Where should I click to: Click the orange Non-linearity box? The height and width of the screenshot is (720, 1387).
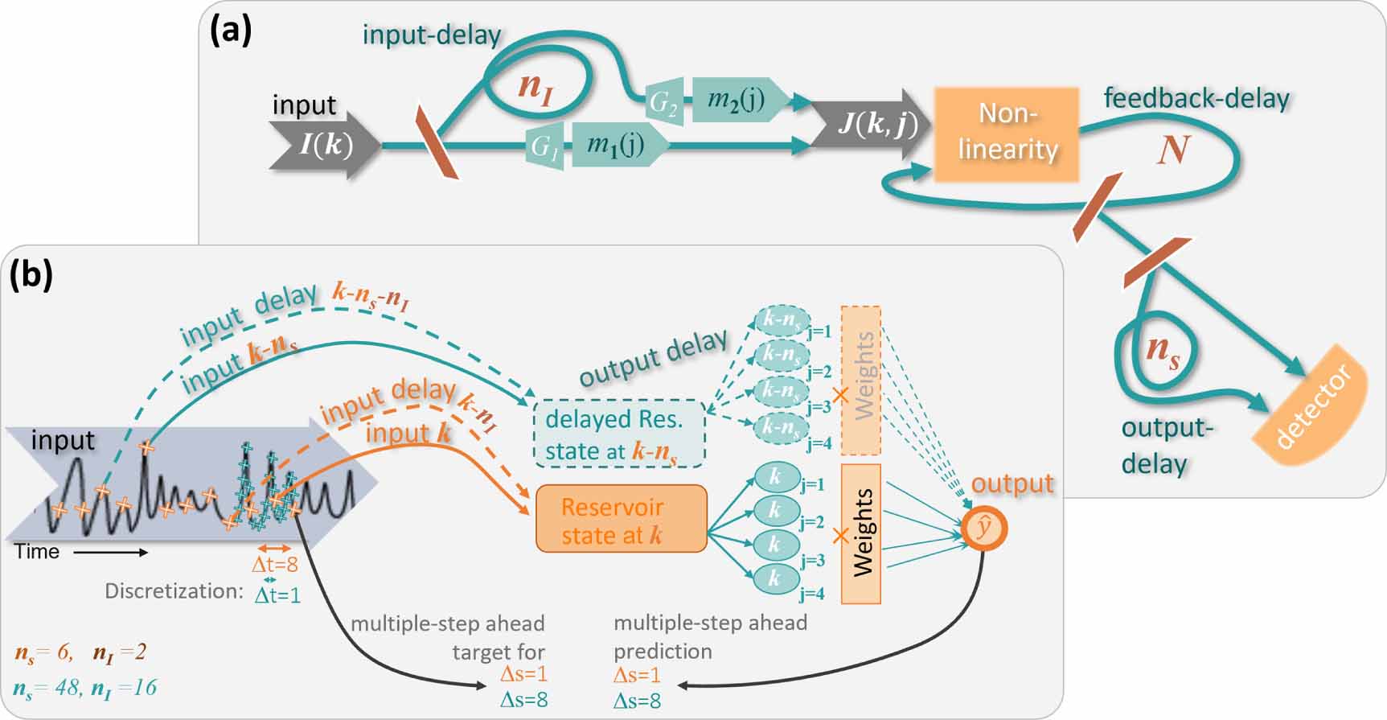pyautogui.click(x=1006, y=133)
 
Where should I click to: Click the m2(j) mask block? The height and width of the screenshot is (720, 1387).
pyautogui.click(x=736, y=100)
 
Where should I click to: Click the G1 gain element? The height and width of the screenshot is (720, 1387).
pyautogui.click(x=544, y=146)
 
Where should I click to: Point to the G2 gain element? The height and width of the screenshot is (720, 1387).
pyautogui.click(x=664, y=102)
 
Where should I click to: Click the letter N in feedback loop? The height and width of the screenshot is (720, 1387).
pyautogui.click(x=1172, y=150)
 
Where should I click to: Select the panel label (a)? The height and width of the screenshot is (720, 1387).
pyautogui.click(x=230, y=30)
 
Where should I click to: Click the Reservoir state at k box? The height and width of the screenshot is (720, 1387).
pyautogui.click(x=621, y=519)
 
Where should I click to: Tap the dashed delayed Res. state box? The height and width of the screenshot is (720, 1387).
pyautogui.click(x=619, y=434)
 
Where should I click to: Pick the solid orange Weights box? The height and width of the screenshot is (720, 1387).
pyautogui.click(x=861, y=533)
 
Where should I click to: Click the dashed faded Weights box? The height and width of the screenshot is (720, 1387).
pyautogui.click(x=861, y=380)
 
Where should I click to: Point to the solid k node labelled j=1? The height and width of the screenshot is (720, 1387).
pyautogui.click(x=775, y=477)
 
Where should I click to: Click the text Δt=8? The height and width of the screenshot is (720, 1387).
pyautogui.click(x=275, y=565)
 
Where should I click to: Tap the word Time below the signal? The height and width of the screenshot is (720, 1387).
pyautogui.click(x=37, y=552)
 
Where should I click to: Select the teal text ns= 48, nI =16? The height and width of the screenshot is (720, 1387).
pyautogui.click(x=84, y=689)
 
